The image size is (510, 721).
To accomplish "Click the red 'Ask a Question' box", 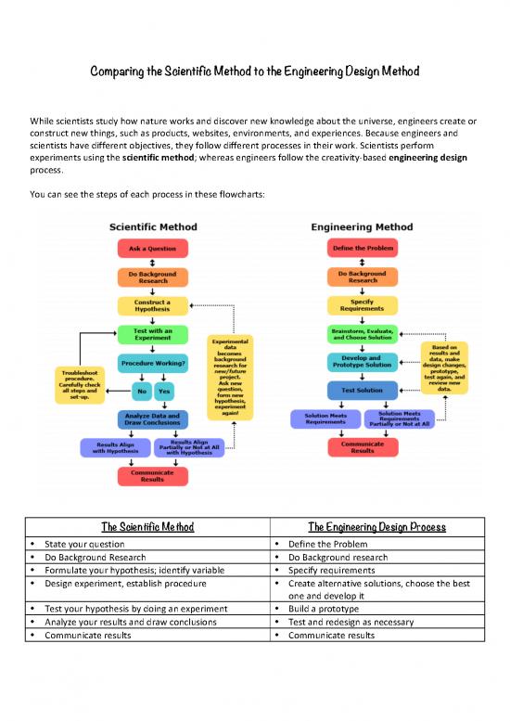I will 152,249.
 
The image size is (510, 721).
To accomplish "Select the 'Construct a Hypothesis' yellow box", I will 152,306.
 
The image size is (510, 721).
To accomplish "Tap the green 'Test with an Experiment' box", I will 152,335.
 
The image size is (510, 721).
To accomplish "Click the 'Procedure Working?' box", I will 152,364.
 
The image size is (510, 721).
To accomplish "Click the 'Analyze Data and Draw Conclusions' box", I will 152,419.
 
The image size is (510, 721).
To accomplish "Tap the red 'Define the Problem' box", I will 363,249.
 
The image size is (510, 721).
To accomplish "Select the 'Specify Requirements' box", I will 363,306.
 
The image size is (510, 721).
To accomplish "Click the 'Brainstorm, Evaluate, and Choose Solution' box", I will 363,335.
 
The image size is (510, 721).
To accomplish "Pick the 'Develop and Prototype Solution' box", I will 363,364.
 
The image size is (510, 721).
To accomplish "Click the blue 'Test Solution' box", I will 363,391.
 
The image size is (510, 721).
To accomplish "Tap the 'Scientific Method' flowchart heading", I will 152,225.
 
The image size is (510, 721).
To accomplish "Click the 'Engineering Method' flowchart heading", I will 363,225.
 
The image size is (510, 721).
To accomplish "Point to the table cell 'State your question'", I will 82,544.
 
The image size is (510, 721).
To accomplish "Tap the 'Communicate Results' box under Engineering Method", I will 363,447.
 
